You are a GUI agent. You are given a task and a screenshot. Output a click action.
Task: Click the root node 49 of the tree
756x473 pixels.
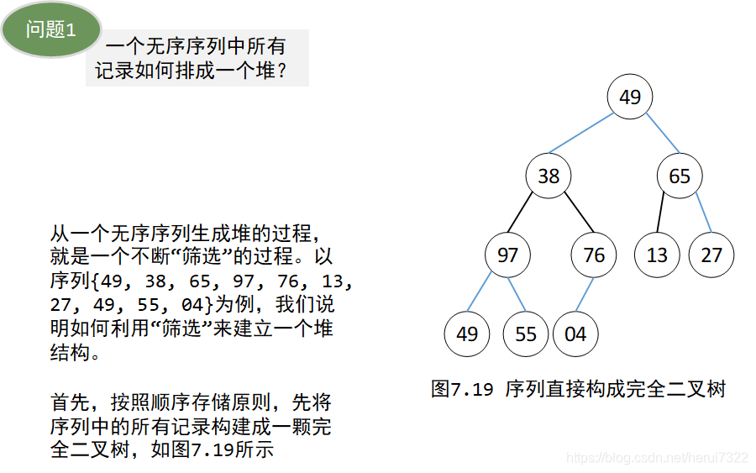pyautogui.click(x=630, y=97)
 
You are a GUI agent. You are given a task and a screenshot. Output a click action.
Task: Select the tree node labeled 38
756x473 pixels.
pyautogui.click(x=549, y=176)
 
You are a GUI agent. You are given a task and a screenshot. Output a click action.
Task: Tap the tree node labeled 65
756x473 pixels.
pyautogui.click(x=680, y=176)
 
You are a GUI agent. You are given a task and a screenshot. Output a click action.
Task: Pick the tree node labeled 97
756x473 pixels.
pyautogui.click(x=507, y=255)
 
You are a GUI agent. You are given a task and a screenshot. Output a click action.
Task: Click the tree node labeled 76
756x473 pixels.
pyautogui.click(x=593, y=255)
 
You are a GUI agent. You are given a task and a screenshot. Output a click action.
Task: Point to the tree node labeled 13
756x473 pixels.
pyautogui.click(x=657, y=255)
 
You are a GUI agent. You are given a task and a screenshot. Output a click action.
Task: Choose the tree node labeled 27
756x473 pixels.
pyautogui.click(x=711, y=255)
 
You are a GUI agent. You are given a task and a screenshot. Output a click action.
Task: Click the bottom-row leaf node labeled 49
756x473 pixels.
pyautogui.click(x=467, y=334)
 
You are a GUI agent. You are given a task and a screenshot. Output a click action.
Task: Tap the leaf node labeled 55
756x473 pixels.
pyautogui.click(x=525, y=334)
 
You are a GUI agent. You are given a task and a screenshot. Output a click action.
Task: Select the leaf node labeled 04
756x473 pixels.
pyautogui.click(x=575, y=334)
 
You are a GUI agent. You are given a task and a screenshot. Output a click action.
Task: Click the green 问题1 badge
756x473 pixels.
pyautogui.click(x=51, y=30)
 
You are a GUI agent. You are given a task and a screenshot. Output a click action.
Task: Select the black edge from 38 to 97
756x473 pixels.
pyautogui.click(x=528, y=214)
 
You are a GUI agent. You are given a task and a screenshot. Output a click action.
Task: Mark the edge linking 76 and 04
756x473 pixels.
pyautogui.click(x=585, y=294)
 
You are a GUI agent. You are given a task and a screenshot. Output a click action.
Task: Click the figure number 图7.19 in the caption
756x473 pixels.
pyautogui.click(x=461, y=389)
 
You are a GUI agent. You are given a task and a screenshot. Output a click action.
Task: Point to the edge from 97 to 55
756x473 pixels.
pyautogui.click(x=517, y=294)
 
